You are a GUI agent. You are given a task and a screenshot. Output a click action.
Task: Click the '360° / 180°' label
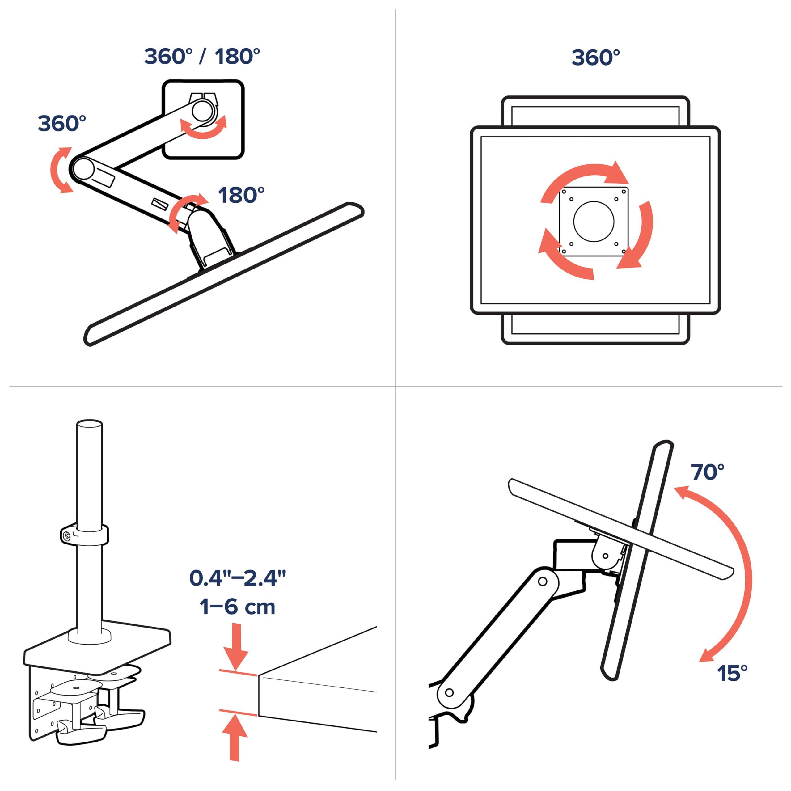[202, 57]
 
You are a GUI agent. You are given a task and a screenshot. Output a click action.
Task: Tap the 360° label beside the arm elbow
[62, 123]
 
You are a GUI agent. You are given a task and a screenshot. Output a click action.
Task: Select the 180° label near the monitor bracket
[241, 195]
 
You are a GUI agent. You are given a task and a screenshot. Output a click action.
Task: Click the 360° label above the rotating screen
[596, 58]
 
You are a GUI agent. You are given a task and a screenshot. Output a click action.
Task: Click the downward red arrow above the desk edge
[235, 646]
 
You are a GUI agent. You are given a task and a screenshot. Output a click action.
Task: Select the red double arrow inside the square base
[204, 127]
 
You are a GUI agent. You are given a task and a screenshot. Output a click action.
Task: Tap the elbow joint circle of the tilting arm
[543, 581]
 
